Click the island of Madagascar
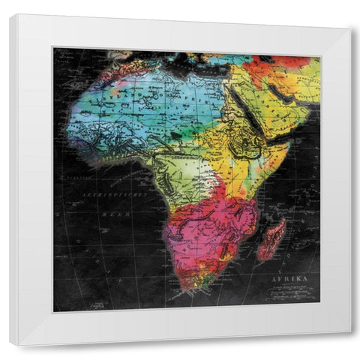pos(271,238)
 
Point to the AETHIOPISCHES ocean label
pos(103,193)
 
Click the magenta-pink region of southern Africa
pos(206,225)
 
